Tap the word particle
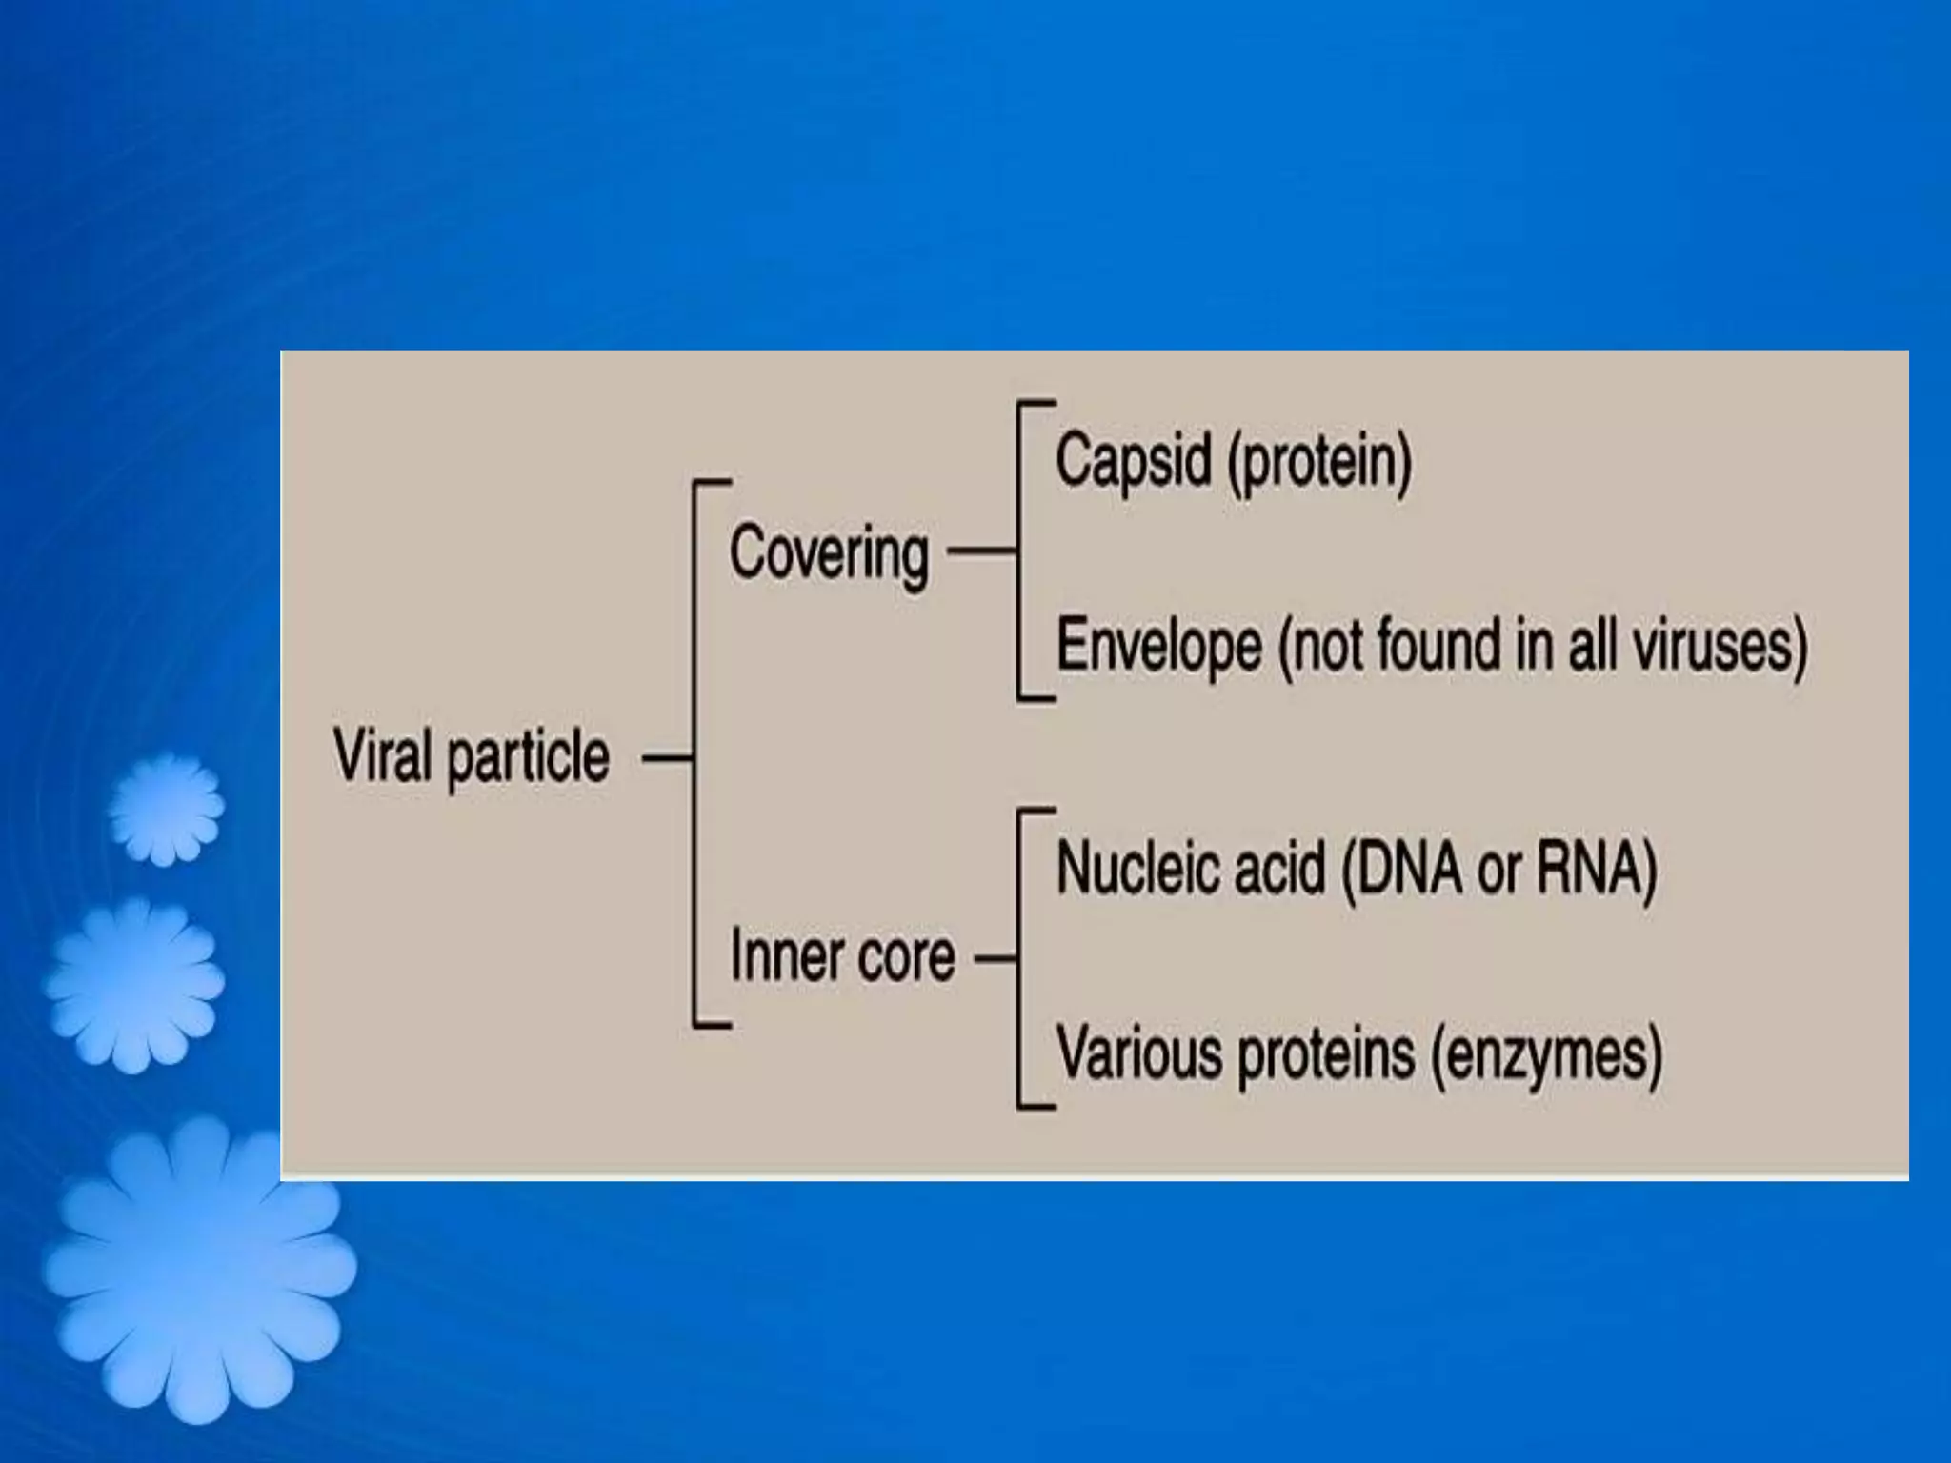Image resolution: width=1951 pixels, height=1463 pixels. pyautogui.click(x=528, y=759)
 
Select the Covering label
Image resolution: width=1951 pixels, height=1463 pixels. pyautogui.click(x=829, y=554)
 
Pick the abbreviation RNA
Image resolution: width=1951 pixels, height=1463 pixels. pyautogui.click(x=1597, y=870)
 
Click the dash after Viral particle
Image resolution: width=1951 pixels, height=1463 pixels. pyautogui.click(x=666, y=759)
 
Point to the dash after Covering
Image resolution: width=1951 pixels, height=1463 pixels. pyautogui.click(x=980, y=551)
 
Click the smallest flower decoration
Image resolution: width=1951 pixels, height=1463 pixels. pyautogui.click(x=166, y=810)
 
